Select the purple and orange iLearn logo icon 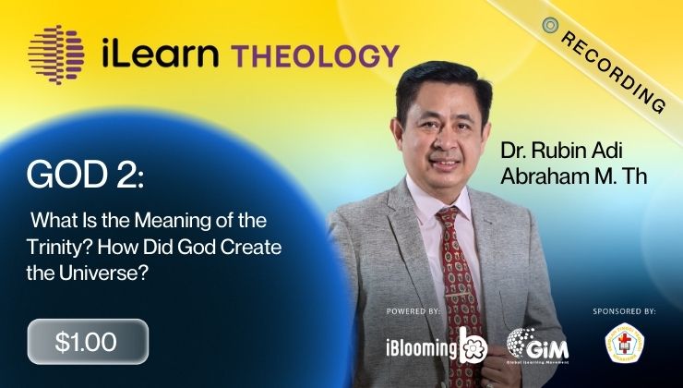click(x=58, y=53)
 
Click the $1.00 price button click(x=87, y=342)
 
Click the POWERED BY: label click(x=413, y=311)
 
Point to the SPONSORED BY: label click(x=624, y=311)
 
